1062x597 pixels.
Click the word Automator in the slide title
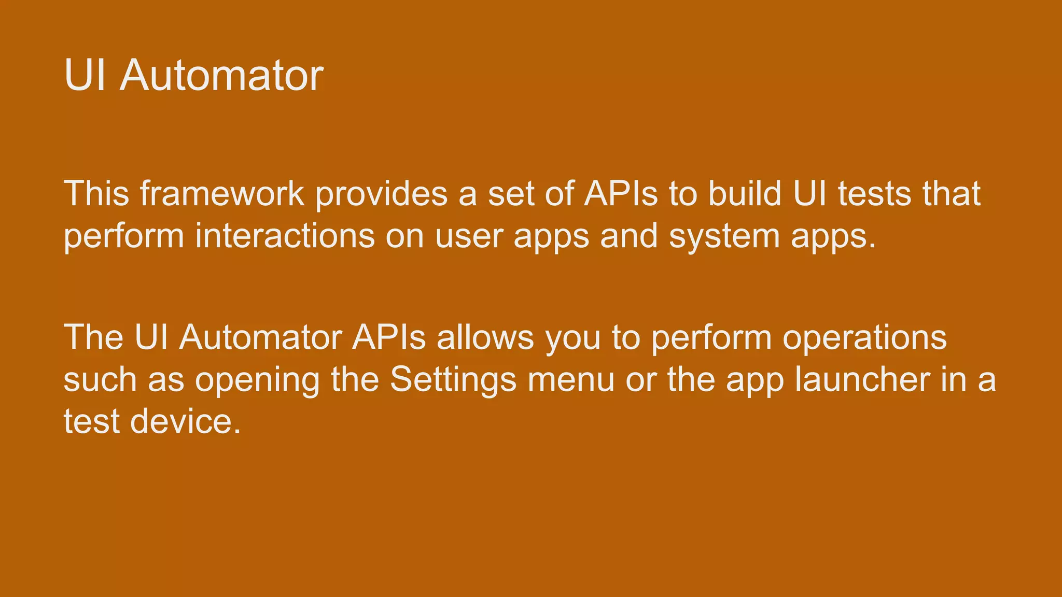tap(221, 76)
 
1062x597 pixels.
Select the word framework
tap(222, 194)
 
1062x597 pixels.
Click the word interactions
tap(285, 236)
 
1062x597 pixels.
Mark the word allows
tap(485, 337)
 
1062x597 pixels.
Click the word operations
tap(864, 338)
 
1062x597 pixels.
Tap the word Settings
tap(453, 380)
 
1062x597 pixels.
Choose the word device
tap(185, 421)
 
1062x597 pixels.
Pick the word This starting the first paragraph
tap(96, 194)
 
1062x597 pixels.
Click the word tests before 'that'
tap(874, 194)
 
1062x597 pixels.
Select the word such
tap(100, 380)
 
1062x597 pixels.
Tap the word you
tap(573, 338)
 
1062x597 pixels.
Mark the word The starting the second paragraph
tap(93, 337)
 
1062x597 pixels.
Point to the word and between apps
tap(629, 236)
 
